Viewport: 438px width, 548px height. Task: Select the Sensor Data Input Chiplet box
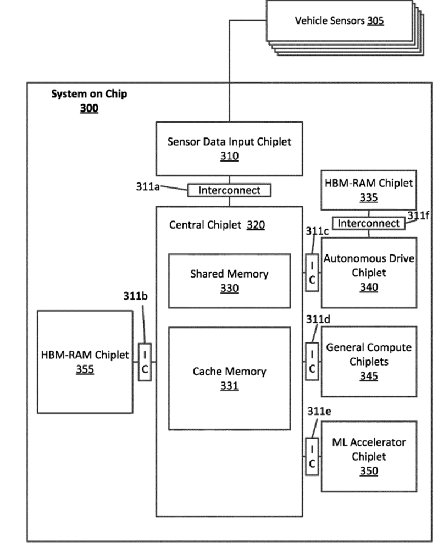pos(229,148)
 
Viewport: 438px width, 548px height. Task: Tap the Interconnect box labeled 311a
pos(229,190)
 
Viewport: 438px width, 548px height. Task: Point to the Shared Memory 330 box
pos(229,280)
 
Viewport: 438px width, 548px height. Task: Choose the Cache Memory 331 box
pos(229,378)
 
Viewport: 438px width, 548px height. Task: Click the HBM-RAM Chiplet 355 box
pos(85,362)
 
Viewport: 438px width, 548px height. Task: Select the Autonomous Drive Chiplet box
pos(369,273)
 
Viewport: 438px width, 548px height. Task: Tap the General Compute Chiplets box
pos(369,361)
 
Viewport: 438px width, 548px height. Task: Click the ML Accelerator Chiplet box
pos(369,456)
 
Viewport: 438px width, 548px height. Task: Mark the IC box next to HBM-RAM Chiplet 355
pos(145,362)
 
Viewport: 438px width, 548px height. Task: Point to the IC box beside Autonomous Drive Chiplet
pos(312,273)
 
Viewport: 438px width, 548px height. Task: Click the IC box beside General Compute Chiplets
pos(312,362)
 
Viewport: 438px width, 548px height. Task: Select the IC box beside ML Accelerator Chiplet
pos(312,456)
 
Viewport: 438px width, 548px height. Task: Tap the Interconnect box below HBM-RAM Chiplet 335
pos(368,223)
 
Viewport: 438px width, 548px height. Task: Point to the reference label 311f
pos(418,215)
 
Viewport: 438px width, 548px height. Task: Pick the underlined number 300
pos(89,108)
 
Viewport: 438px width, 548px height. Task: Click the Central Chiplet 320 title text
pos(217,225)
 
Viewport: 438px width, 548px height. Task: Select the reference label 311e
pos(319,411)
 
